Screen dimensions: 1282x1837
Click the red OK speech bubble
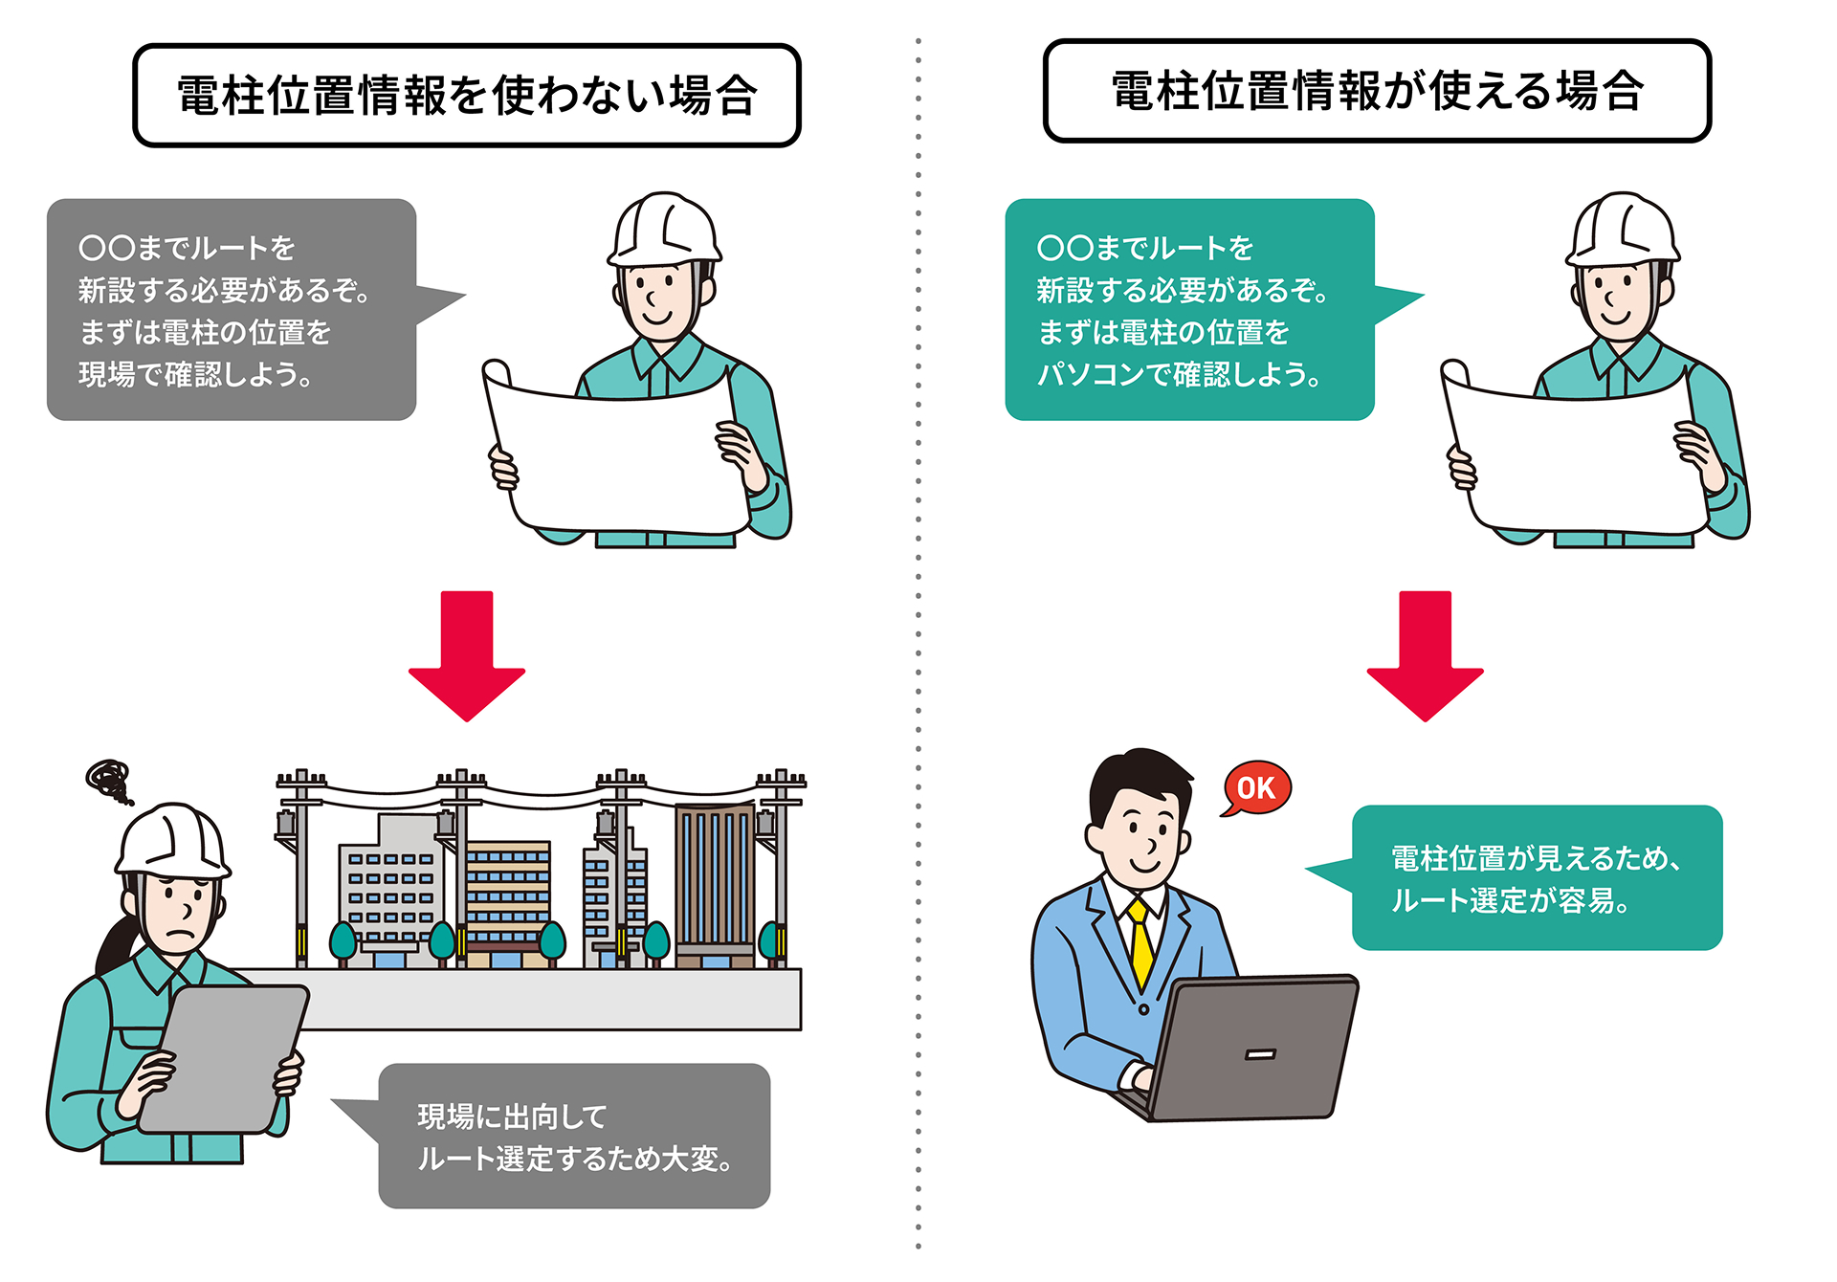[x=1256, y=788]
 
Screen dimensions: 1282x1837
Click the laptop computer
[x=1253, y=1048]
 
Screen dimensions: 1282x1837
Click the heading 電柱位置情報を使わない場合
[x=467, y=96]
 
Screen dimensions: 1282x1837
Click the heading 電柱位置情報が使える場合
[x=1377, y=92]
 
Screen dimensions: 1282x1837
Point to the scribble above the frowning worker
[x=109, y=780]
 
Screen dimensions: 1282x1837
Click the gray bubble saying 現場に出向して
[x=574, y=1136]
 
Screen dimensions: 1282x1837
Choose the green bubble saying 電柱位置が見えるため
[x=1537, y=877]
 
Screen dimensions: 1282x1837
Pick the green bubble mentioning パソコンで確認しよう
[x=1189, y=309]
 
